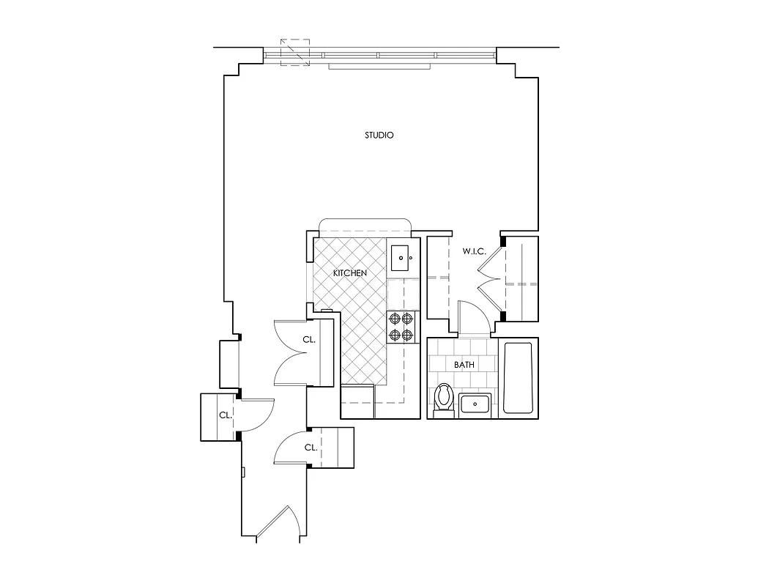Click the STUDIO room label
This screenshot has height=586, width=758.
[x=379, y=136]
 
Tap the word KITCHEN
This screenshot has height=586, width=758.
[x=349, y=273]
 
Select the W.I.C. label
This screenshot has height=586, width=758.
[x=474, y=252]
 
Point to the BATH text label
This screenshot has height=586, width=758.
[x=464, y=364]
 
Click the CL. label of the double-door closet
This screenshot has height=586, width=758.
[x=309, y=340]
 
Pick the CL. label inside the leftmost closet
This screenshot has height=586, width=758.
[x=225, y=415]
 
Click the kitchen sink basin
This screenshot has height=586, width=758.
[x=401, y=258]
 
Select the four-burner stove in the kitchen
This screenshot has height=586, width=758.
[x=402, y=327]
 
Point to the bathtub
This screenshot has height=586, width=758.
[x=518, y=378]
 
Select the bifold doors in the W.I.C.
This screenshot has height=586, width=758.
[x=490, y=279]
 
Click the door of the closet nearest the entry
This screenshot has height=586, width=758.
[x=291, y=448]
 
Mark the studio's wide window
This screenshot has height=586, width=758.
[x=379, y=55]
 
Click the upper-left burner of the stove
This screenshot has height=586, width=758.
[x=395, y=319]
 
